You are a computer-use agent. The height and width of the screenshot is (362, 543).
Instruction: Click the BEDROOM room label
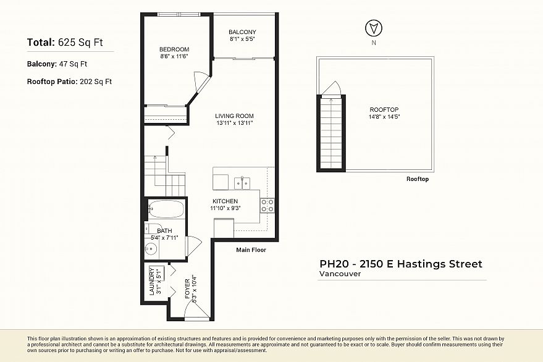click(174, 49)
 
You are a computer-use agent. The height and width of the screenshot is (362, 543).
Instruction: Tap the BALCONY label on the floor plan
click(242, 32)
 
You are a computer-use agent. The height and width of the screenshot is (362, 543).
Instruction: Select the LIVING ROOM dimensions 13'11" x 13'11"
click(234, 123)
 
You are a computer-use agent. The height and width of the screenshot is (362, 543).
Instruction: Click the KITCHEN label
click(225, 201)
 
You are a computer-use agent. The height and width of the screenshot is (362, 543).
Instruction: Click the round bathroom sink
click(151, 250)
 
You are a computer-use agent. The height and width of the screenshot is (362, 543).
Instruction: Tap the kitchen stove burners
click(267, 205)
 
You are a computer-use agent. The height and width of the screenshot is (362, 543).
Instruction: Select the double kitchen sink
click(242, 182)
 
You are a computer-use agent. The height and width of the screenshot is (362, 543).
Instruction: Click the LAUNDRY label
click(151, 280)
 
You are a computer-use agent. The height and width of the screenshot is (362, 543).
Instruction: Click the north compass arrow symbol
click(373, 28)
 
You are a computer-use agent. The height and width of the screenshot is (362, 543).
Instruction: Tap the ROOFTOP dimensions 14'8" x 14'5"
click(385, 117)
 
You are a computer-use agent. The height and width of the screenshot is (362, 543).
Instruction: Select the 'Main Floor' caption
click(251, 250)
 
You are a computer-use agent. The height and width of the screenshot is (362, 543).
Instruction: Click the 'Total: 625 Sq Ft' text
click(65, 43)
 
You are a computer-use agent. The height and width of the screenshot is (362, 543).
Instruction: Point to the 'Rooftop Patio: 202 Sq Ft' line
click(69, 82)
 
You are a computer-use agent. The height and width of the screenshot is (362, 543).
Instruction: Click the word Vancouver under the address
click(340, 274)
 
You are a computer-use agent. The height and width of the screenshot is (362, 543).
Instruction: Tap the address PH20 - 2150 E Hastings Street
click(400, 264)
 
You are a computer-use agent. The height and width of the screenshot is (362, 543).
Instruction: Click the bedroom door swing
click(202, 82)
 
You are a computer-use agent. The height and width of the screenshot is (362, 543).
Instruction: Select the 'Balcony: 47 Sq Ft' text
click(57, 64)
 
